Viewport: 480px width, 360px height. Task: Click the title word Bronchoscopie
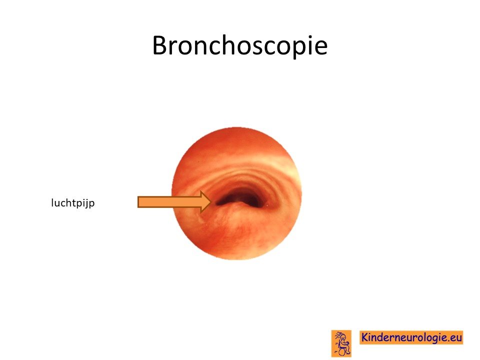pyautogui.click(x=239, y=46)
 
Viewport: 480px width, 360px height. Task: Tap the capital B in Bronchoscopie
pyautogui.click(x=160, y=45)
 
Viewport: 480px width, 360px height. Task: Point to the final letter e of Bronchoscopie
pyautogui.click(x=321, y=48)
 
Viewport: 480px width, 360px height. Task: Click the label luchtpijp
pyautogui.click(x=73, y=203)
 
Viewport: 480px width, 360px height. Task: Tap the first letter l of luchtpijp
pyautogui.click(x=52, y=202)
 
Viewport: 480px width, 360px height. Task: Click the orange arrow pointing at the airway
pyautogui.click(x=174, y=201)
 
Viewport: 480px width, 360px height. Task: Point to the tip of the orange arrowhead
pyautogui.click(x=211, y=201)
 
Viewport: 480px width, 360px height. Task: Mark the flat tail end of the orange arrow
pyautogui.click(x=138, y=202)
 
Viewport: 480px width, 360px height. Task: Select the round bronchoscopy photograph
pyautogui.click(x=236, y=193)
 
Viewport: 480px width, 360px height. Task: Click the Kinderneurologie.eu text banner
pyautogui.click(x=411, y=337)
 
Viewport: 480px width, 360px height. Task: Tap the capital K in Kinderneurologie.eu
pyautogui.click(x=364, y=337)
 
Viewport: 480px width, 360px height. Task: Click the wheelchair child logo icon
pyautogui.click(x=341, y=343)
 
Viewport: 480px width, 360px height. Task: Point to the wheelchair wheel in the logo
pyautogui.click(x=342, y=351)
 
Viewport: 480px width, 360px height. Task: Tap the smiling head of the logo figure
pyautogui.click(x=343, y=337)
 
